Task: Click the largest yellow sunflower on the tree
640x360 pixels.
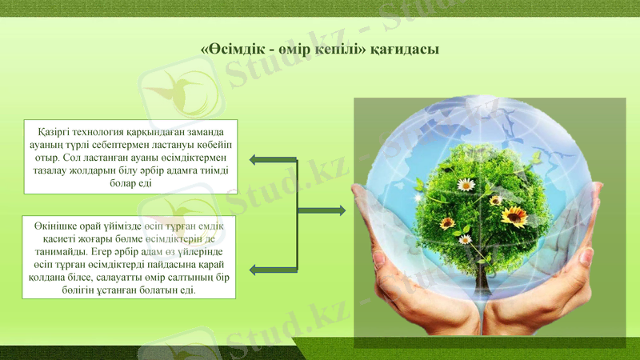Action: tap(514, 215)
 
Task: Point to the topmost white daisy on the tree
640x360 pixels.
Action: tap(466, 185)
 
